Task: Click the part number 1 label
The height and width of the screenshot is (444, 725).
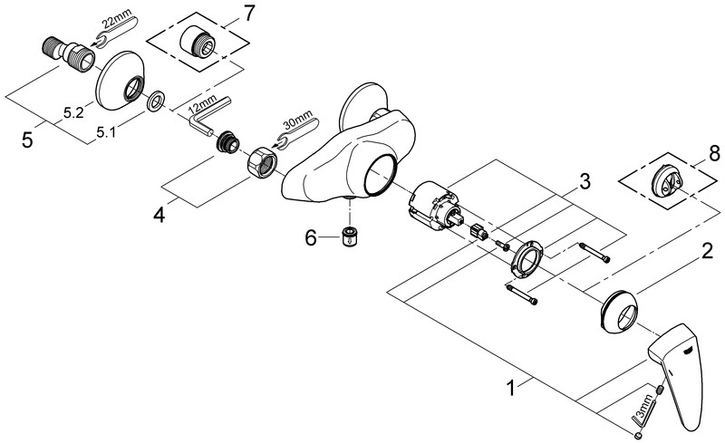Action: [x=514, y=389]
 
